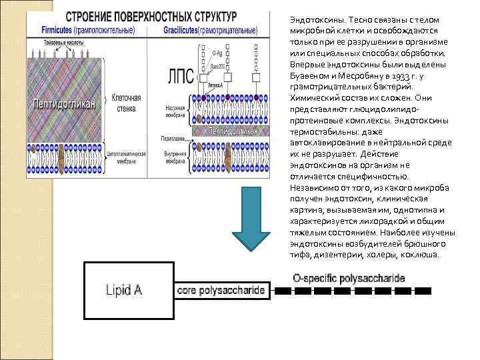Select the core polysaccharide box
tap(221, 291)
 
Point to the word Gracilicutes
tap(183, 30)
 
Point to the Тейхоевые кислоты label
tap(48, 42)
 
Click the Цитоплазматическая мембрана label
tap(126, 157)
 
